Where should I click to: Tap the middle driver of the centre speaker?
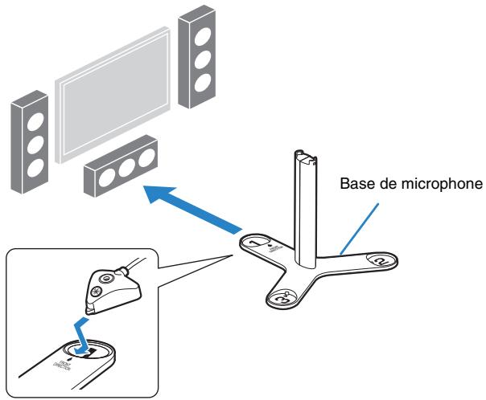click(125, 168)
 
